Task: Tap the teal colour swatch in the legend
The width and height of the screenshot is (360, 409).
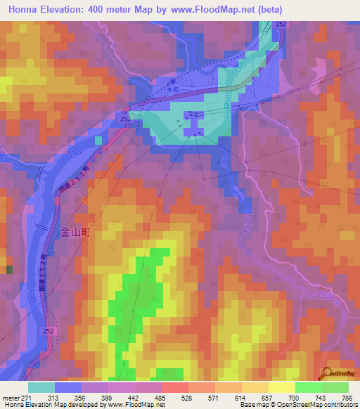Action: pyautogui.click(x=41, y=387)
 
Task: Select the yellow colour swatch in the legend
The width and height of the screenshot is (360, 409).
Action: pyautogui.click(x=282, y=387)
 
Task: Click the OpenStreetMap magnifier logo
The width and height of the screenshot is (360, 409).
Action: pyautogui.click(x=327, y=372)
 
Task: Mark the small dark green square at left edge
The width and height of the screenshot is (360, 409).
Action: pyautogui.click(x=8, y=270)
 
